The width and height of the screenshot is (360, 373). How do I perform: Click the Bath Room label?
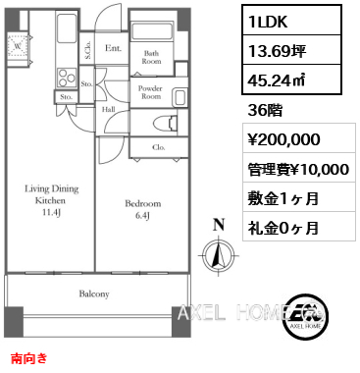(151, 57)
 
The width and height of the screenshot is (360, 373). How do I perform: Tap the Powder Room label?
(150, 92)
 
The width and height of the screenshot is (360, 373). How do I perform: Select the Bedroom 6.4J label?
(143, 209)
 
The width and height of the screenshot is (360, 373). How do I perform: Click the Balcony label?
(94, 293)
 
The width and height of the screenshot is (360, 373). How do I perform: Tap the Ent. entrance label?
(113, 48)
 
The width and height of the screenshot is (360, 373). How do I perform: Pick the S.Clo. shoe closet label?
(87, 50)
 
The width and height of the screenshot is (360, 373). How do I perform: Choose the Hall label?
(108, 109)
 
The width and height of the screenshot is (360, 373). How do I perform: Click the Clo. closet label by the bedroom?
(159, 147)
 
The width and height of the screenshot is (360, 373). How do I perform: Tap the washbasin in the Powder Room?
(180, 97)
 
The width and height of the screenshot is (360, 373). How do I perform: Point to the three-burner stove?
(67, 78)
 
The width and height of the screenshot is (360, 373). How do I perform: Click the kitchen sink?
(67, 28)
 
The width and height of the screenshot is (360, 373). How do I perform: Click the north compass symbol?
(219, 254)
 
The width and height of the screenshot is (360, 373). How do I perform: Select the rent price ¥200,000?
(283, 139)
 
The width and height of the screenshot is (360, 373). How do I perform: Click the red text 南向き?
(29, 359)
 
